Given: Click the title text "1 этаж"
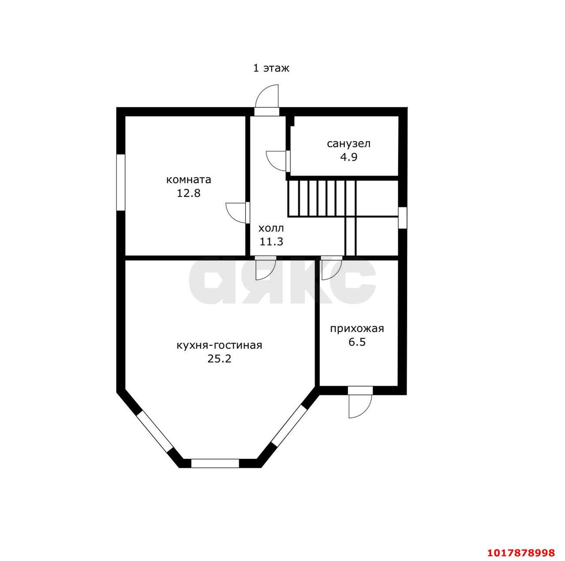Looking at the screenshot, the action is tap(271, 68).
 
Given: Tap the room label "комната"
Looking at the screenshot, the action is tap(188, 180).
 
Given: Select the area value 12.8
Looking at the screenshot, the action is tap(188, 193).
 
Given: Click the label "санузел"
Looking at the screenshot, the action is tap(349, 144).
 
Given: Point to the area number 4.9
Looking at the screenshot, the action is tap(349, 158).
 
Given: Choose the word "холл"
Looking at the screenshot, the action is tap(271, 228).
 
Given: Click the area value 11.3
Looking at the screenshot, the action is tap(271, 241).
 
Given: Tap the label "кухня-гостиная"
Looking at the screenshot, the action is tap(219, 345).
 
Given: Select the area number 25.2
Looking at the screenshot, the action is tap(219, 359).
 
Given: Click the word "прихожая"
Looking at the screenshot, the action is tap(357, 329).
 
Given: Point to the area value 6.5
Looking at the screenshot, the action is tap(357, 343).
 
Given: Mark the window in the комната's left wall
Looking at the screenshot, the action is tap(121, 182).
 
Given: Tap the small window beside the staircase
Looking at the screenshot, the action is tap(403, 218).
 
